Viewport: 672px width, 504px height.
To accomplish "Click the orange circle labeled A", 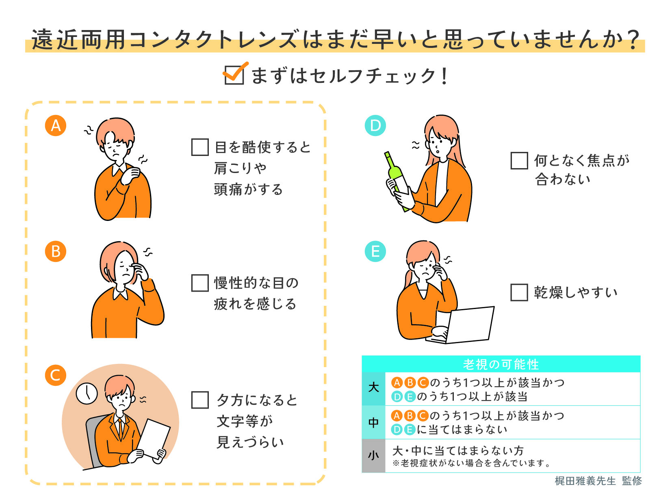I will click(x=56, y=125).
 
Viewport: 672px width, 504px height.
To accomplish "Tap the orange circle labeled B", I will click(x=56, y=251).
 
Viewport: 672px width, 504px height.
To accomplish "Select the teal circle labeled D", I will click(x=375, y=125).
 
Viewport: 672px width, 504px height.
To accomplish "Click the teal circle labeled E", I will click(x=375, y=251).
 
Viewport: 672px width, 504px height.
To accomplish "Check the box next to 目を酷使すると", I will click(x=199, y=147).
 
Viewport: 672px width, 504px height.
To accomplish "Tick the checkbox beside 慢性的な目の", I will click(x=199, y=283).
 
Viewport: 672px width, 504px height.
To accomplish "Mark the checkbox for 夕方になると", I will click(x=199, y=400).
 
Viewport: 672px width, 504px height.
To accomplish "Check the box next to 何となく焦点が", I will click(x=519, y=161).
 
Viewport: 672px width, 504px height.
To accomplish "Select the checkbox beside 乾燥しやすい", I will click(x=519, y=292).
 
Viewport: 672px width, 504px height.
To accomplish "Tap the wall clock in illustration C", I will click(x=87, y=393).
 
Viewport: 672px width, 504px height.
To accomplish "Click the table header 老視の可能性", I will click(x=501, y=364).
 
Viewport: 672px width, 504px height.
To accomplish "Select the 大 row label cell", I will click(x=373, y=388).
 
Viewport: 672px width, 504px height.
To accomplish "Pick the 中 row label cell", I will click(x=373, y=422).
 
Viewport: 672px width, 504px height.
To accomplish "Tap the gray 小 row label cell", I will click(x=373, y=456).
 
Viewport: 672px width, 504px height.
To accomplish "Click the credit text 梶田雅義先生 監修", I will click(x=598, y=481).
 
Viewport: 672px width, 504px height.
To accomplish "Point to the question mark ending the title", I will click(x=632, y=40).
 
